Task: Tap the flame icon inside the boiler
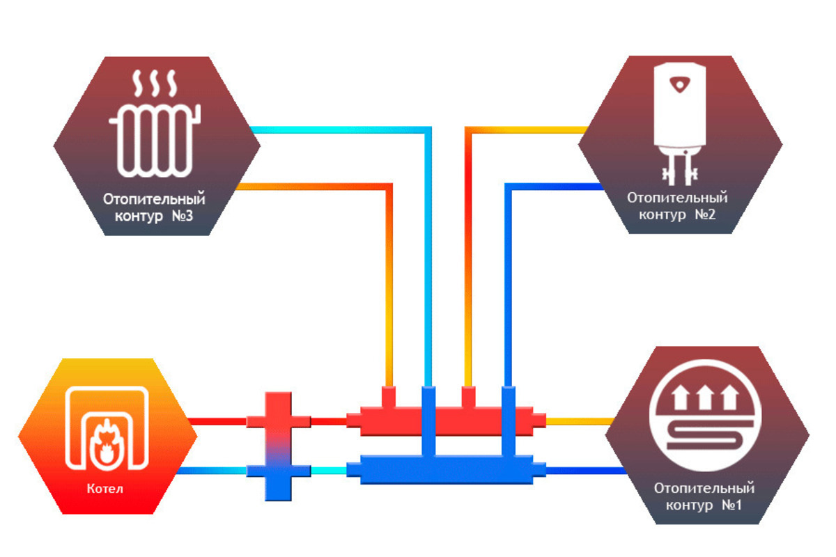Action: tap(107, 444)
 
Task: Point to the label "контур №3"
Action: tap(154, 217)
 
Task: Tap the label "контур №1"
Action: tap(704, 505)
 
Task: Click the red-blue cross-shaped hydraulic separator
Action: tap(279, 446)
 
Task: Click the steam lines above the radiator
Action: tap(154, 84)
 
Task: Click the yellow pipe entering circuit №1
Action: tap(578, 421)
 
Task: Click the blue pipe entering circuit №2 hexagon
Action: tap(557, 186)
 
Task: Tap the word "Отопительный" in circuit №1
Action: tap(704, 489)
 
